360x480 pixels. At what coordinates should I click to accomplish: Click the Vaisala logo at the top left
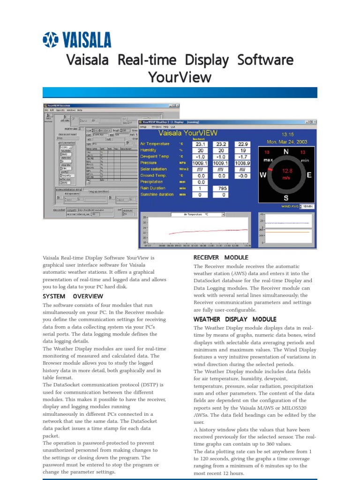point(77,40)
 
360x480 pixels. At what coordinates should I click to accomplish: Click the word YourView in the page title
point(180,77)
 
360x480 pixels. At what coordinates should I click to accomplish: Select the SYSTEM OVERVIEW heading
point(73,296)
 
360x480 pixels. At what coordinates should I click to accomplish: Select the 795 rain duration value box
point(220,188)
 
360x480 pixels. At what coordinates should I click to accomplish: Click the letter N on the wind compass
point(285,152)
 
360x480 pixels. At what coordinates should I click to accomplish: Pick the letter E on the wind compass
point(308,175)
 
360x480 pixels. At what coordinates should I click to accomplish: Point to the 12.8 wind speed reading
point(285,171)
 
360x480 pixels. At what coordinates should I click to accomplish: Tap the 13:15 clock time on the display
point(287,134)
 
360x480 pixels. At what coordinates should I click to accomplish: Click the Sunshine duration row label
point(157,194)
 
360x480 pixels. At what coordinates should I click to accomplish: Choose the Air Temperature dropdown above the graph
point(198,215)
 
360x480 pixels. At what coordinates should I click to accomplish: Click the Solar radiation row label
point(154,169)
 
